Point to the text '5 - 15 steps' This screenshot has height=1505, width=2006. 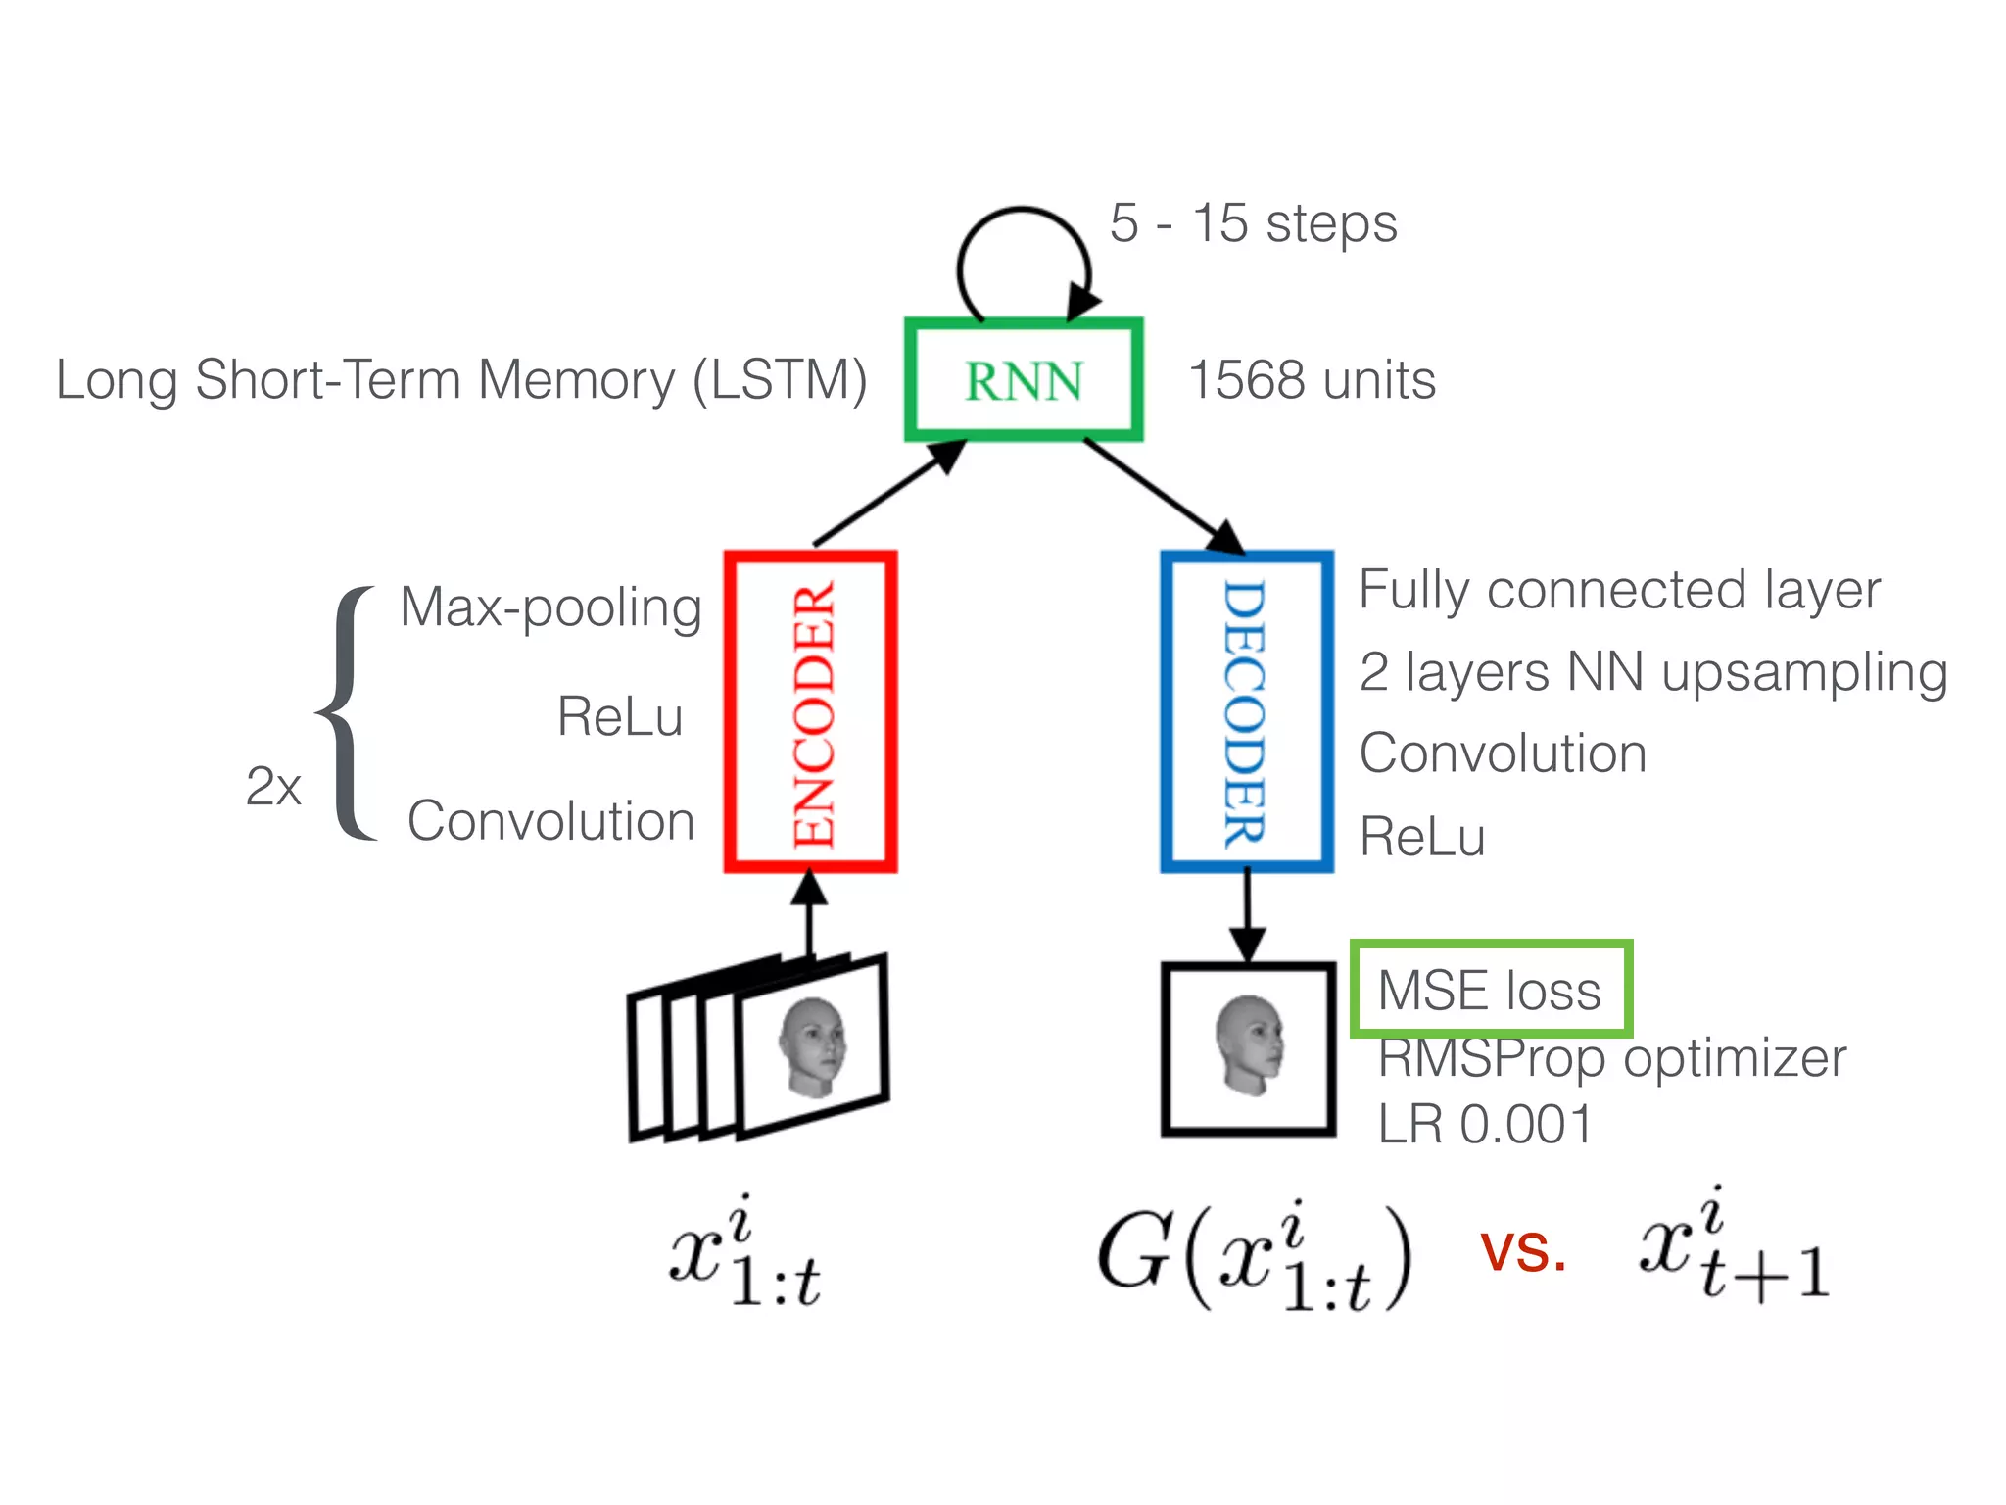pos(1253,224)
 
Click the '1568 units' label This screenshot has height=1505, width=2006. pos(1312,380)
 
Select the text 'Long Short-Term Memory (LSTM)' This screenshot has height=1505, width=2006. pos(461,380)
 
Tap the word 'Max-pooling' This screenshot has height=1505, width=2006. pos(550,608)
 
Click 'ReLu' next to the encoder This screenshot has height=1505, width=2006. pos(620,715)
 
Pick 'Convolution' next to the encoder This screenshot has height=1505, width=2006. pos(550,821)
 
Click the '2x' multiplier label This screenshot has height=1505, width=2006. pos(273,786)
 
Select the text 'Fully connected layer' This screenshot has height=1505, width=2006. pos(1620,591)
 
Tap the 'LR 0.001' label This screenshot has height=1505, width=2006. pos(1485,1124)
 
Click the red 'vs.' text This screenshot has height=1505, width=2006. pos(1523,1252)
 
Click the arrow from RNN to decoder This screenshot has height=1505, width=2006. pos(1165,497)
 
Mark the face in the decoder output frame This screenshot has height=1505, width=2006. pos(1249,1045)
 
